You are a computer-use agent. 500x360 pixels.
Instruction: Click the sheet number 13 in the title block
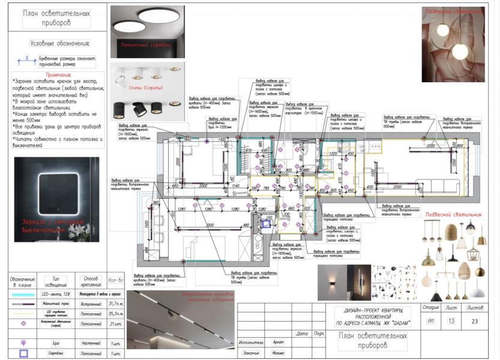pyautogui.click(x=451, y=321)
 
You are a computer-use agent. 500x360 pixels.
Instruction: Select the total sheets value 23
pyautogui.click(x=475, y=321)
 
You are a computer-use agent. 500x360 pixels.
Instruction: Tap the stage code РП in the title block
pyautogui.click(x=430, y=321)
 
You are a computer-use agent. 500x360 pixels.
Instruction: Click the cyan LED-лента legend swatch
pyautogui.click(x=23, y=295)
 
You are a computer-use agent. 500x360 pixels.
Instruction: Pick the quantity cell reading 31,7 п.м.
pyautogui.click(x=115, y=304)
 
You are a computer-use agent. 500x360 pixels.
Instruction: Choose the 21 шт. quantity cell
pyautogui.click(x=115, y=324)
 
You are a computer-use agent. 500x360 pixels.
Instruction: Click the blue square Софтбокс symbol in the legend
pyautogui.click(x=23, y=353)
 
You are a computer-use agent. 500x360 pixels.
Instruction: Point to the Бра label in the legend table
pyautogui.click(x=56, y=343)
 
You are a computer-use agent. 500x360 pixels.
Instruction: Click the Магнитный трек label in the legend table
pyautogui.click(x=56, y=304)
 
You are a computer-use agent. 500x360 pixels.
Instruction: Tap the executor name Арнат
pyautogui.click(x=278, y=342)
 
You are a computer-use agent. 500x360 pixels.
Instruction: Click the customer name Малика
pyautogui.click(x=278, y=353)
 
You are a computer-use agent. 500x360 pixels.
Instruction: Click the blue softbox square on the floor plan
pyautogui.click(x=267, y=223)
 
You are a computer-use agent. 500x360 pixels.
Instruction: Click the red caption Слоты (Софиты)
pyautogui.click(x=146, y=88)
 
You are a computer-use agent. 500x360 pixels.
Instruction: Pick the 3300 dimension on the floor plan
pyautogui.click(x=209, y=224)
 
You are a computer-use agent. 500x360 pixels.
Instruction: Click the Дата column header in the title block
pyautogui.click(x=302, y=334)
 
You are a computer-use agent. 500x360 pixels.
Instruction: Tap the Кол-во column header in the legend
pyautogui.click(x=115, y=280)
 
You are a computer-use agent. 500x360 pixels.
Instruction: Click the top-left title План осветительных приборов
pyautogui.click(x=56, y=18)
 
